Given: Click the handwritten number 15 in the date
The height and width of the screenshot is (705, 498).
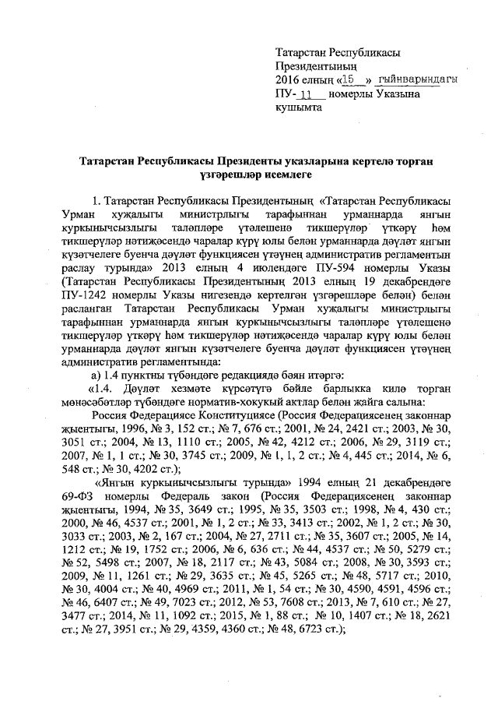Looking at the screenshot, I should click(353, 80).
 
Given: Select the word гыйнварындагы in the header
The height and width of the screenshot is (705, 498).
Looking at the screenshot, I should click(416, 80).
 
